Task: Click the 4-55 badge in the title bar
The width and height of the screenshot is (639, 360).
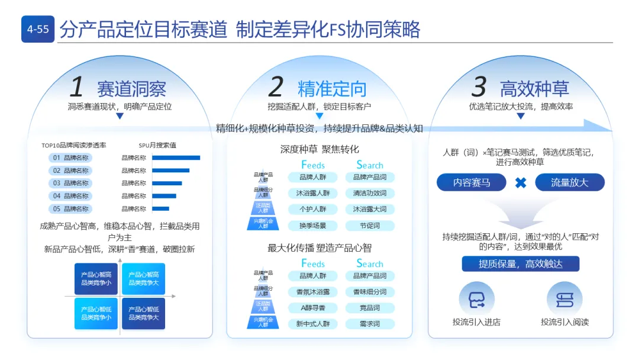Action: point(38,29)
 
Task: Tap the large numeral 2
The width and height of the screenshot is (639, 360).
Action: point(276,88)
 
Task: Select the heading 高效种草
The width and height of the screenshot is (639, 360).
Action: point(534,89)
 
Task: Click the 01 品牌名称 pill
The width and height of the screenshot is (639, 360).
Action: point(70,158)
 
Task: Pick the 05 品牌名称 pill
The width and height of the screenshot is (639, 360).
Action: point(70,208)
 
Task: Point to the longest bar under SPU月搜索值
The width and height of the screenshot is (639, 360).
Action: point(176,158)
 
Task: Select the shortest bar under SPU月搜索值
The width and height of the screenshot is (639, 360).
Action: point(160,208)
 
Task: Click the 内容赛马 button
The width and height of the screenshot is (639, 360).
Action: point(472,182)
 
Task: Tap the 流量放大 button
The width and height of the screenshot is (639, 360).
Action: point(569,182)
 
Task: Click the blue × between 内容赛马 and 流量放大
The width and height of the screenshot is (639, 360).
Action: point(521,182)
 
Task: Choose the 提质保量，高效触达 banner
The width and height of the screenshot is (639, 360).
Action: point(520,264)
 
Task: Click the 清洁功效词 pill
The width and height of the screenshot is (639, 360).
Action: point(369,193)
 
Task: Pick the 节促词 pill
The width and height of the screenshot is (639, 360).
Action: point(369,226)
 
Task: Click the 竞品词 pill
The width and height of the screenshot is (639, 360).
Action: point(369,308)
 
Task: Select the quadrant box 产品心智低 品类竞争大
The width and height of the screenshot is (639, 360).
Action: point(143,313)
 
